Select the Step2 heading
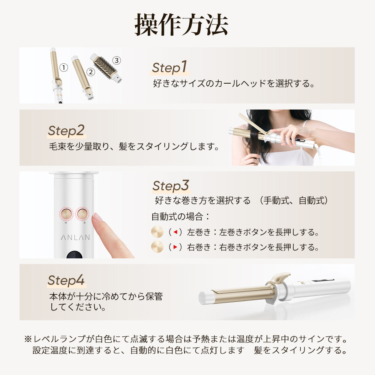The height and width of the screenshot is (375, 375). click(x=66, y=130)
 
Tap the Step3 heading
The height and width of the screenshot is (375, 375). click(x=170, y=186)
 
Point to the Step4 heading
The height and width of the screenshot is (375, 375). click(x=66, y=280)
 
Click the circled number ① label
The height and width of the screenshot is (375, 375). click(x=64, y=68)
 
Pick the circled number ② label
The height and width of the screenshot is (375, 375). click(x=90, y=71)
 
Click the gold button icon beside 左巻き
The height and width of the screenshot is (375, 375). click(x=158, y=232)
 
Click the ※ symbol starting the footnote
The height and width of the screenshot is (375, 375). click(x=28, y=339)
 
